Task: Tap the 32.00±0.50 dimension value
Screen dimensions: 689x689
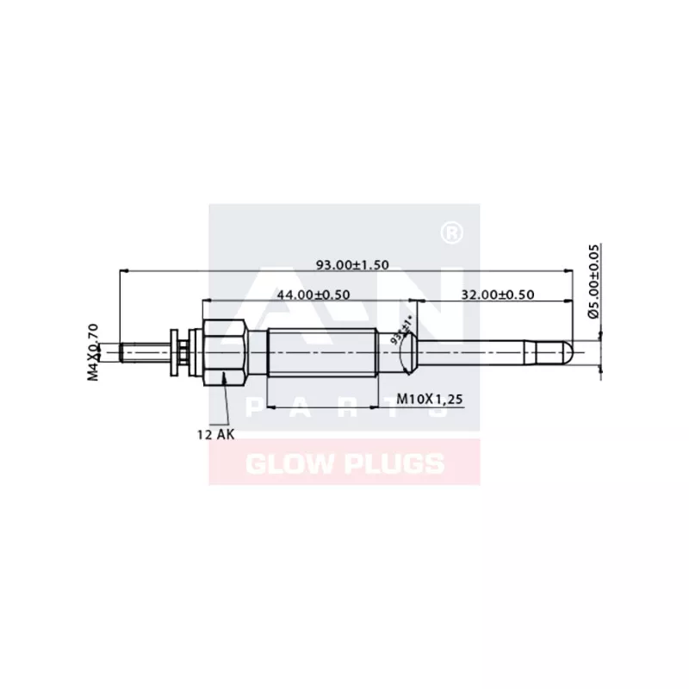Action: point(498,295)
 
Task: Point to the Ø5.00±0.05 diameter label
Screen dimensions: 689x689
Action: point(593,282)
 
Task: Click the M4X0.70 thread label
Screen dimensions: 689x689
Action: point(94,351)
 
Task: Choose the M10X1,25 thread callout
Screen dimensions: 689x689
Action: point(431,399)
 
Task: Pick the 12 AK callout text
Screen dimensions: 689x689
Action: point(215,435)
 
